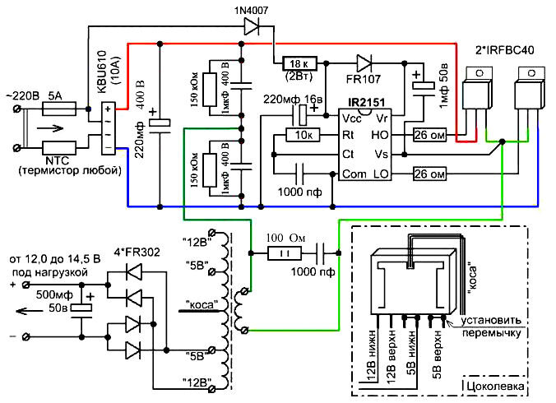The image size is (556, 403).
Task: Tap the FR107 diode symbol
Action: pos(364,63)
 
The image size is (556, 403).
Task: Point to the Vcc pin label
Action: pos(350,118)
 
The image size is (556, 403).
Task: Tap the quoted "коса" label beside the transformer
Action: pos(202,303)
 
